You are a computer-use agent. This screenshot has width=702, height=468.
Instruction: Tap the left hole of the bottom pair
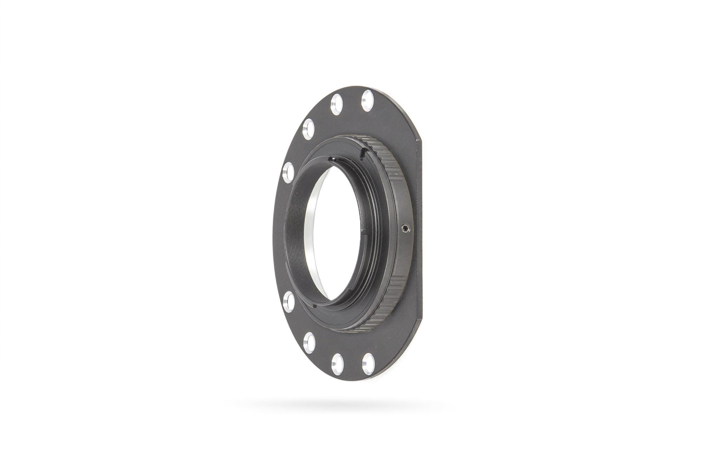[x=337, y=364]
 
